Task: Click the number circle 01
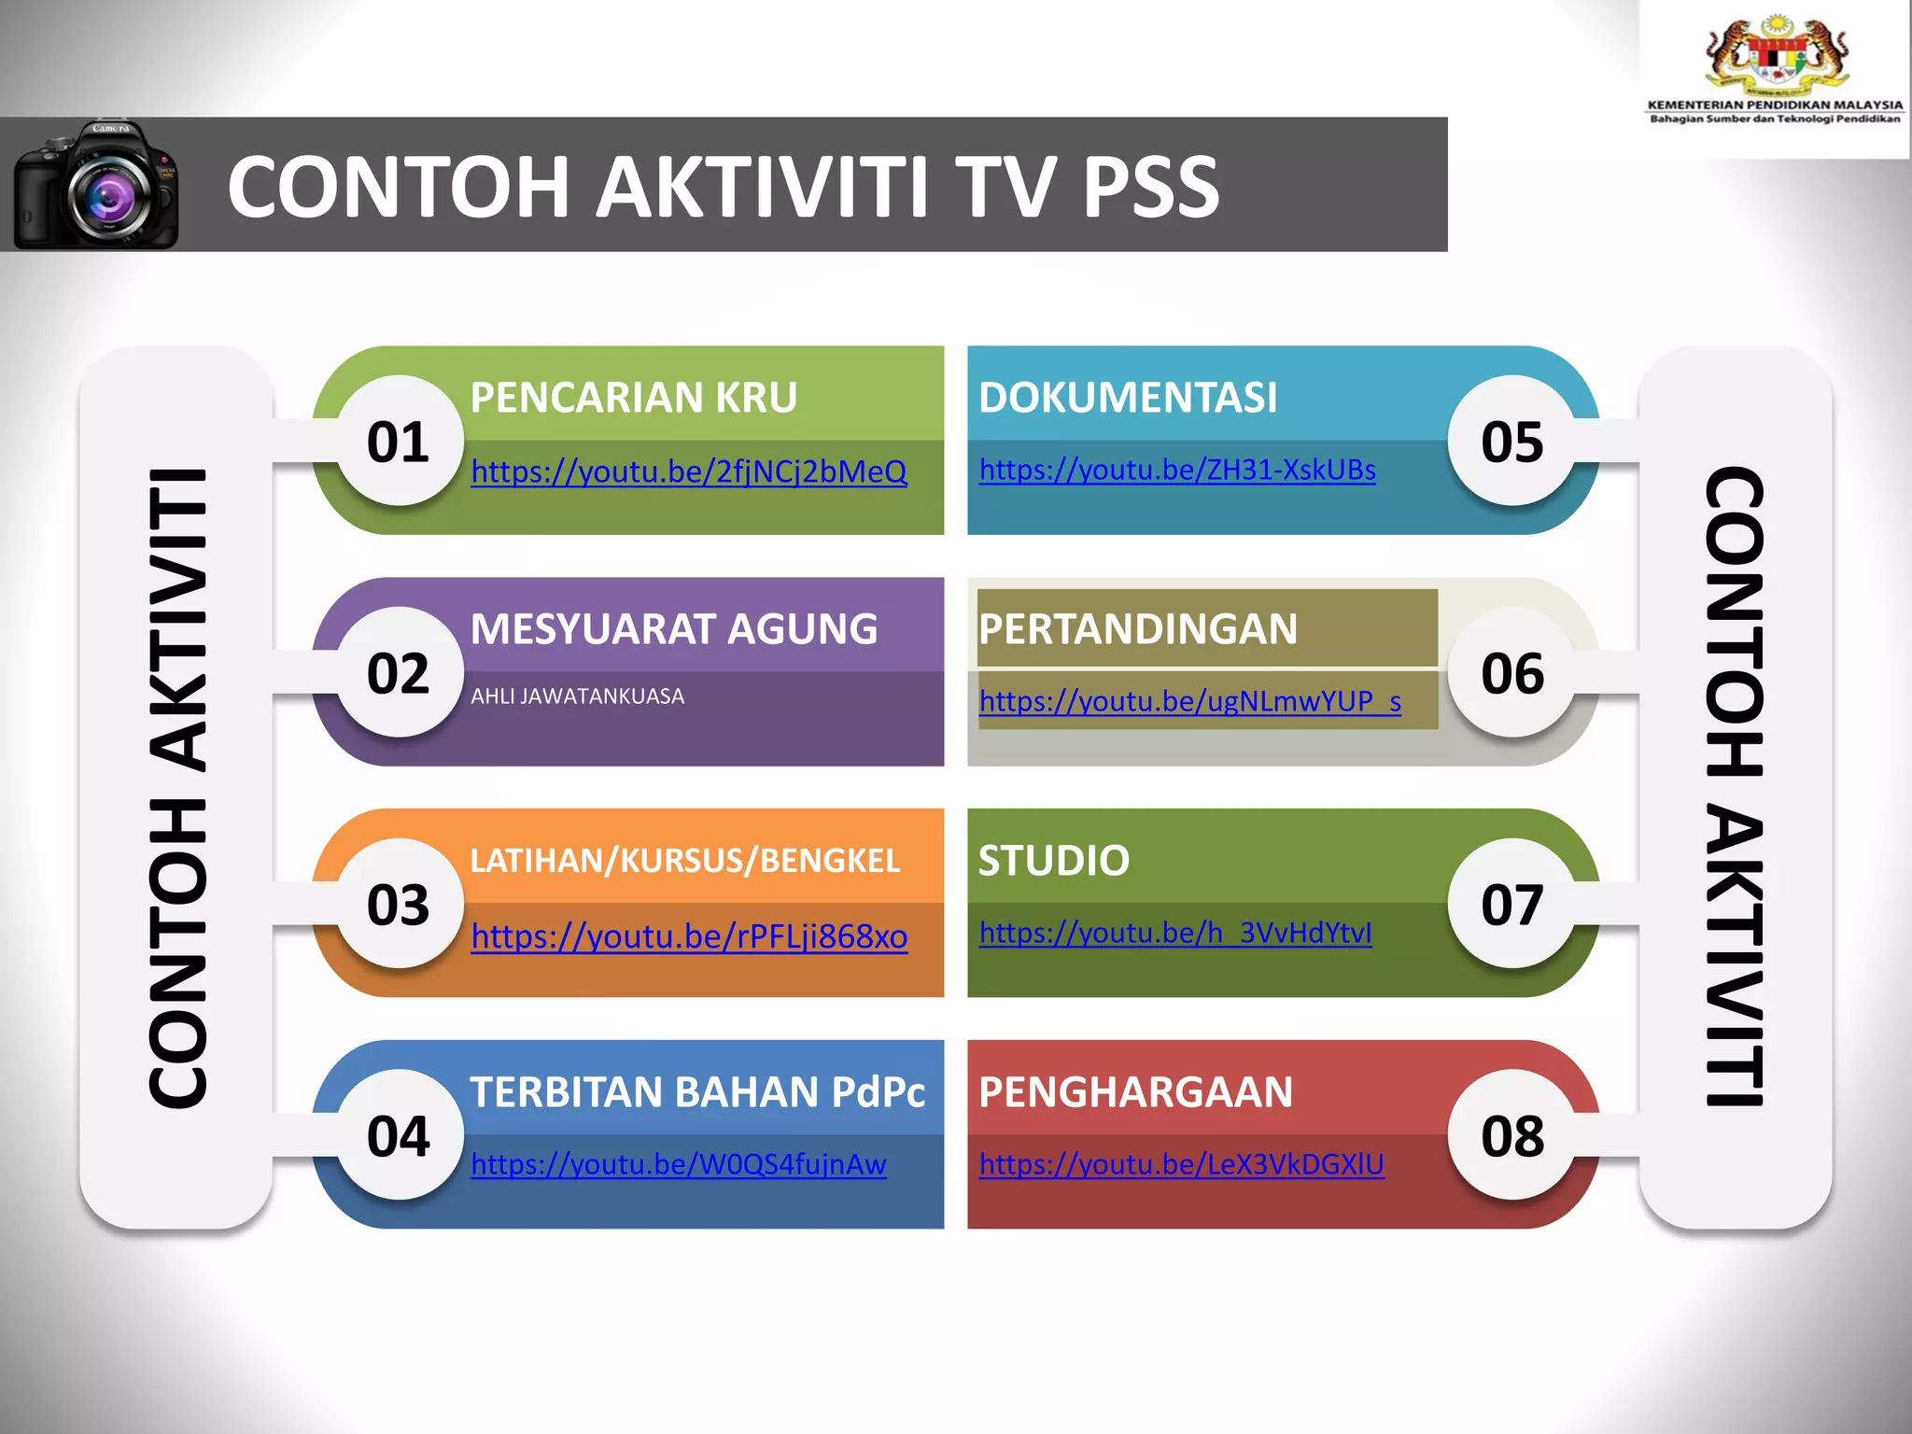[x=399, y=441]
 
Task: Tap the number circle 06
[x=1512, y=672]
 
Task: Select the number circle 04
[x=399, y=1135]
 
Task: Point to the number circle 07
[x=1512, y=904]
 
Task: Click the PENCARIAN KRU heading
[x=634, y=398]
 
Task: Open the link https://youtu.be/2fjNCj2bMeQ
[x=689, y=471]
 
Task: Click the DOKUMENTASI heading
[x=1128, y=398]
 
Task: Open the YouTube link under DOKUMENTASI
[x=1177, y=470]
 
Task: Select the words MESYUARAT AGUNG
[x=674, y=629]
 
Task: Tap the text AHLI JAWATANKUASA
[x=577, y=696]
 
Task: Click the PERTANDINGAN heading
[x=1138, y=629]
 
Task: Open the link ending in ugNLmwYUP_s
[x=1190, y=701]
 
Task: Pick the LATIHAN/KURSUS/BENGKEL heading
[x=685, y=861]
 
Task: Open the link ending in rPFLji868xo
[x=689, y=936]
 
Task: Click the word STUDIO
[x=1054, y=861]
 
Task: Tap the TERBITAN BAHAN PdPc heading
[x=697, y=1092]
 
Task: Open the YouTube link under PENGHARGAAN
[x=1182, y=1164]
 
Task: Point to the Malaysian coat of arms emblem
[x=1776, y=57]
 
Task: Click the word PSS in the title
[x=1150, y=187]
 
